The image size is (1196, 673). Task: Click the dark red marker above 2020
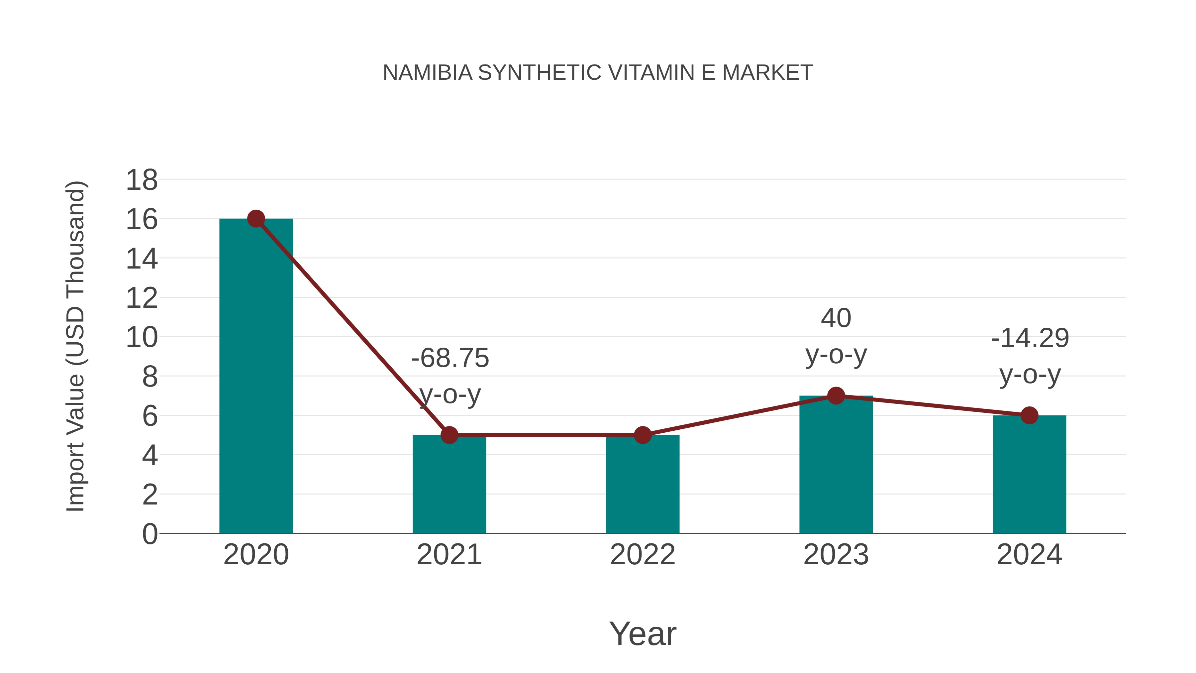point(256,218)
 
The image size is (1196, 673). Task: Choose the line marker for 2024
point(1029,415)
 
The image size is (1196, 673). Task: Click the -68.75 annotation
point(450,358)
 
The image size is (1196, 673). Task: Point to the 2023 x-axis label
point(836,555)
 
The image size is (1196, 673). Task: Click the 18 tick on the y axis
point(142,180)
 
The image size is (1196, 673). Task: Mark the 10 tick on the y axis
point(142,337)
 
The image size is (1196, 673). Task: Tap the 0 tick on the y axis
point(149,534)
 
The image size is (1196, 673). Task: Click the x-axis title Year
point(643,633)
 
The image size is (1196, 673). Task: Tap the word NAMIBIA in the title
point(427,72)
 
